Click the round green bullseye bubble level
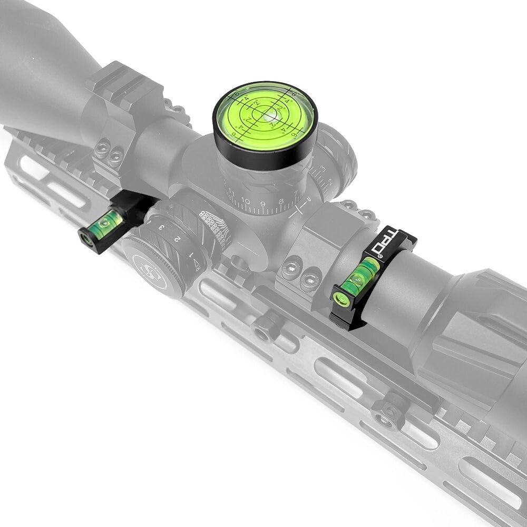pyautogui.click(x=265, y=116)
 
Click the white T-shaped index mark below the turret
pyautogui.click(x=299, y=210)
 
